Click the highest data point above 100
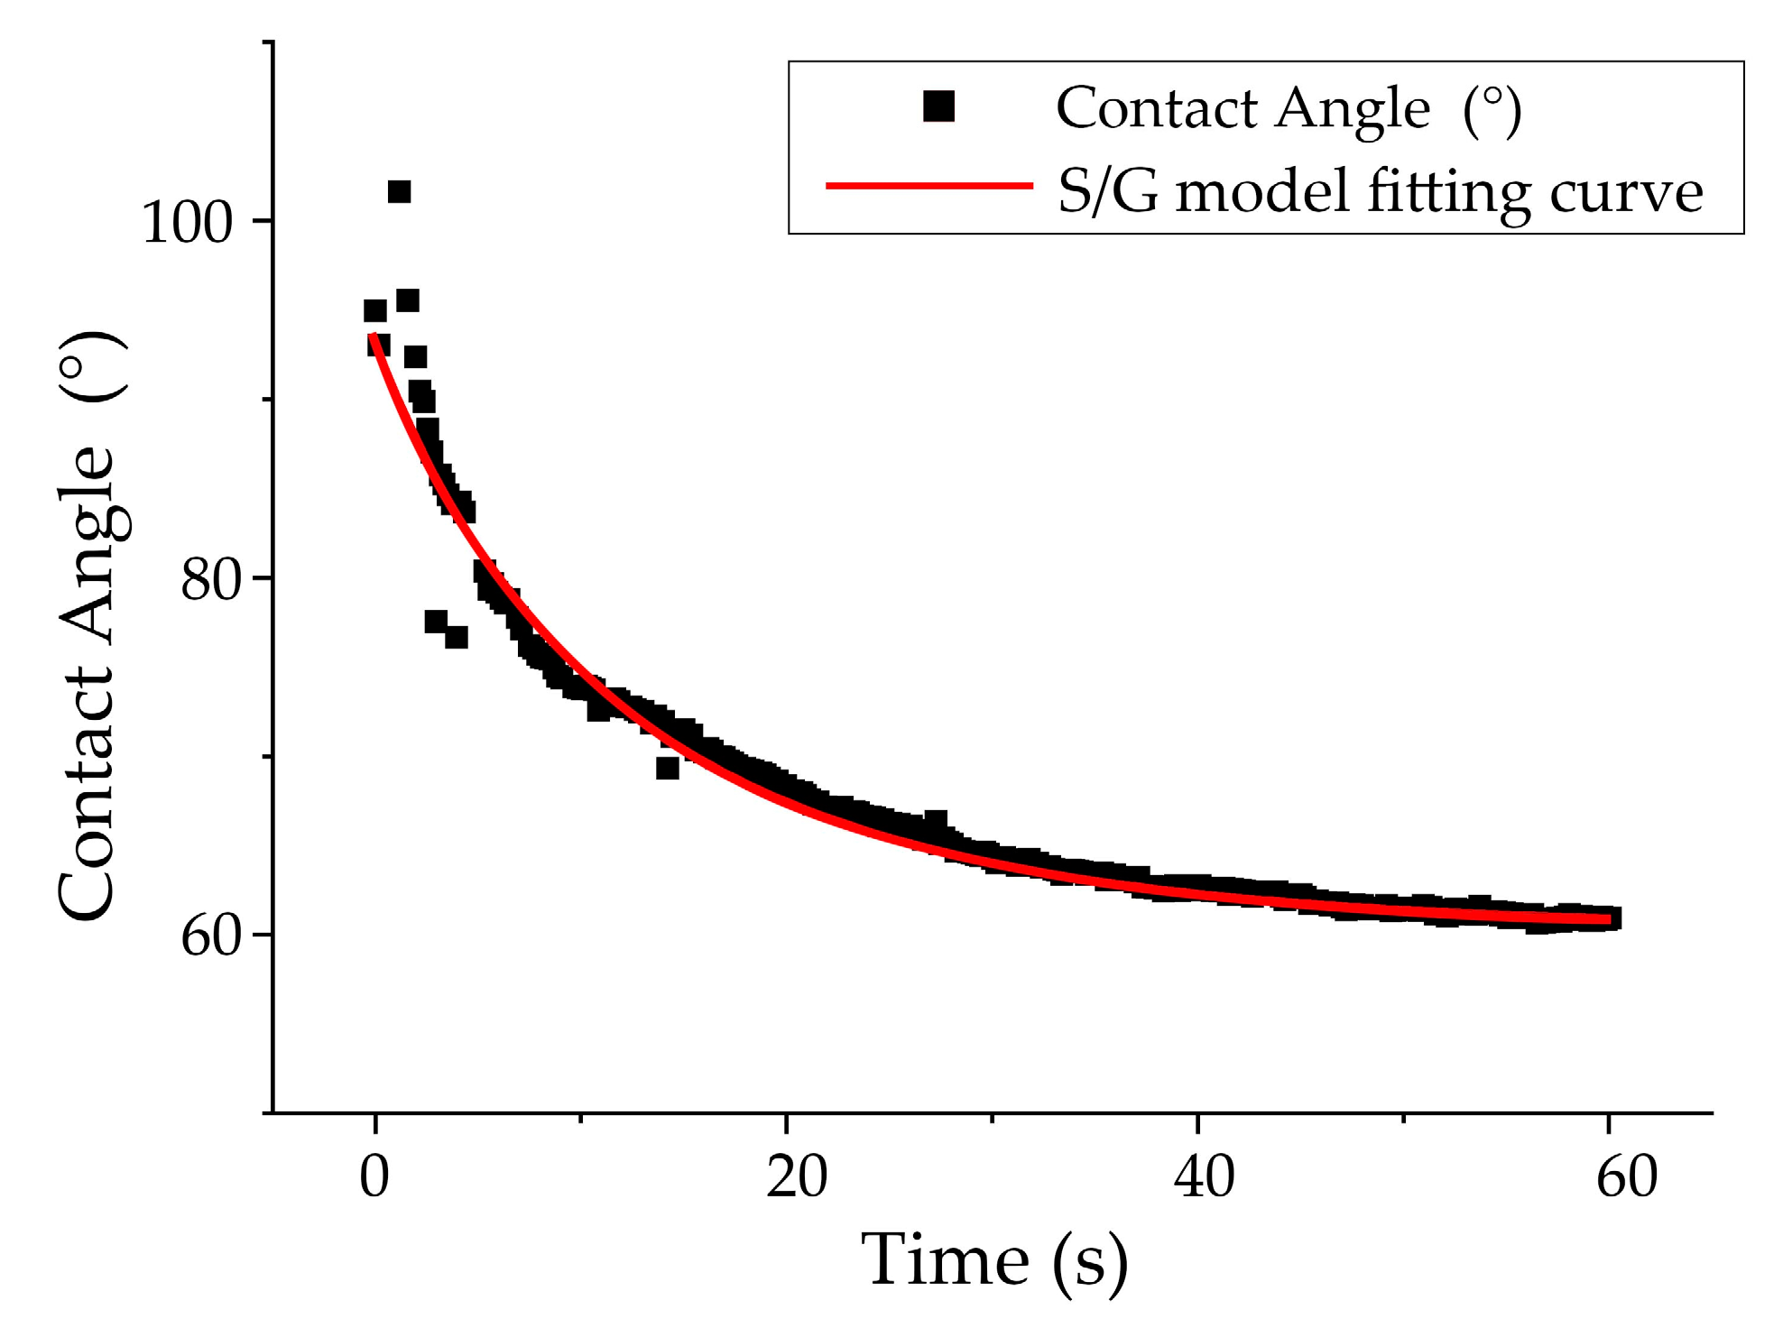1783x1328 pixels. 399,191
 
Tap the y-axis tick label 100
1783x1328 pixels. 188,222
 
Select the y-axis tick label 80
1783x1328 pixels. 211,580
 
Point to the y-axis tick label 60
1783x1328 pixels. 211,936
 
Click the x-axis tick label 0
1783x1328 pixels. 374,1176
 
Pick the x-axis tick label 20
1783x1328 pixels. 796,1176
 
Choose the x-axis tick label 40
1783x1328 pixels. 1204,1176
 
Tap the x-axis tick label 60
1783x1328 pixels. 1626,1176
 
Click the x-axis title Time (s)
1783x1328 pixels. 993,1260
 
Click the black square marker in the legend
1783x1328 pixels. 938,106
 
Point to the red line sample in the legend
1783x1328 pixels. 929,186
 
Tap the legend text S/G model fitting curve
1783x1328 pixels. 1380,191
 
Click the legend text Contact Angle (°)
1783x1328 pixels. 1288,109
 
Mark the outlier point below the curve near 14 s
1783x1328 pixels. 667,768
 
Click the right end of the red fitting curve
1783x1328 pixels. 1609,919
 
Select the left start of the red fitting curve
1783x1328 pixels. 372,337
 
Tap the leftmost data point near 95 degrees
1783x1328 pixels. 374,310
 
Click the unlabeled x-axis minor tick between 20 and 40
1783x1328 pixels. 992,1119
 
